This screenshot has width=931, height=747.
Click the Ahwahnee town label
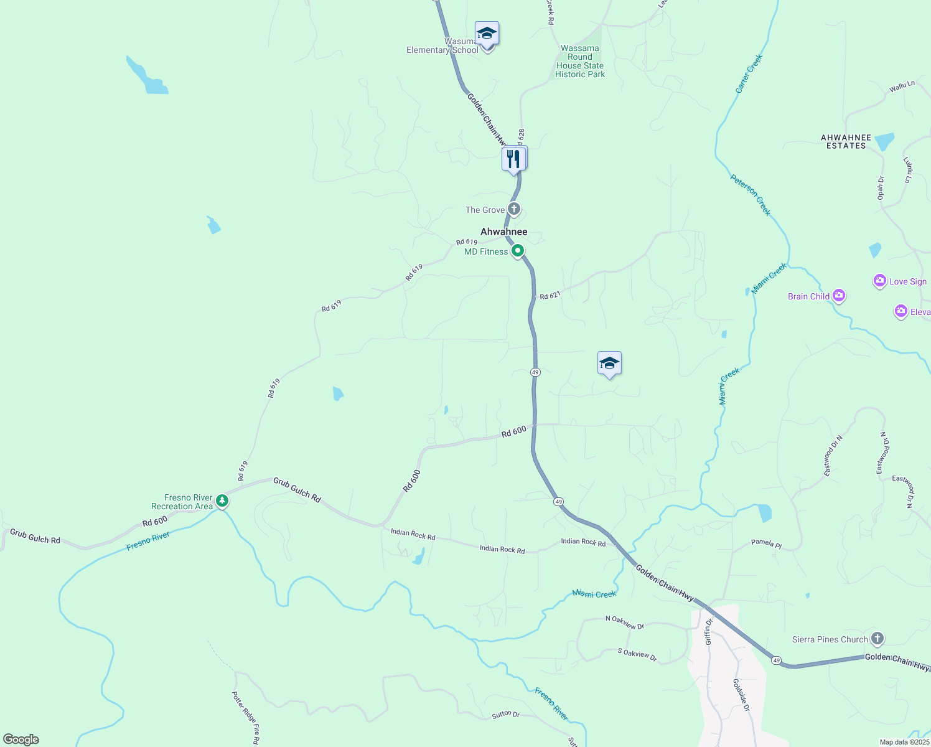pos(503,232)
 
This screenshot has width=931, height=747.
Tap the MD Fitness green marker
pos(517,251)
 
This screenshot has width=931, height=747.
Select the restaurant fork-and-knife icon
pos(514,159)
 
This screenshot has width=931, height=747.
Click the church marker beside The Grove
pos(513,209)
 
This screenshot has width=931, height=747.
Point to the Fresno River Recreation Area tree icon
pos(222,501)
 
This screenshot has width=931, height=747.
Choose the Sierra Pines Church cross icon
pos(877,639)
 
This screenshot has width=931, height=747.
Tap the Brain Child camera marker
pos(839,296)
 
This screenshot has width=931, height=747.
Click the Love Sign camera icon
pos(879,281)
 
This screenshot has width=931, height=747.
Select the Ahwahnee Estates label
pos(846,141)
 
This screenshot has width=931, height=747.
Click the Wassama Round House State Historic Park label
pos(580,61)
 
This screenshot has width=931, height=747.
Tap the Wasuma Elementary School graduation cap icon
pos(487,34)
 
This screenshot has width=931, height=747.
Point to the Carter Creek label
pos(749,73)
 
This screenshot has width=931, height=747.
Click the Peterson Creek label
pos(751,195)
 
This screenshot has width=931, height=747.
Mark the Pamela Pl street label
pos(765,543)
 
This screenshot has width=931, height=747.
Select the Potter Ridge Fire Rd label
pos(245,718)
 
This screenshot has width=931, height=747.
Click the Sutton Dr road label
pos(505,715)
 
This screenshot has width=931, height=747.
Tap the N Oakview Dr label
pos(624,622)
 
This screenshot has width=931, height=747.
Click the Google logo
pos(21,739)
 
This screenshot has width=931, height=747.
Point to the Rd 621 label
pos(550,296)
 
